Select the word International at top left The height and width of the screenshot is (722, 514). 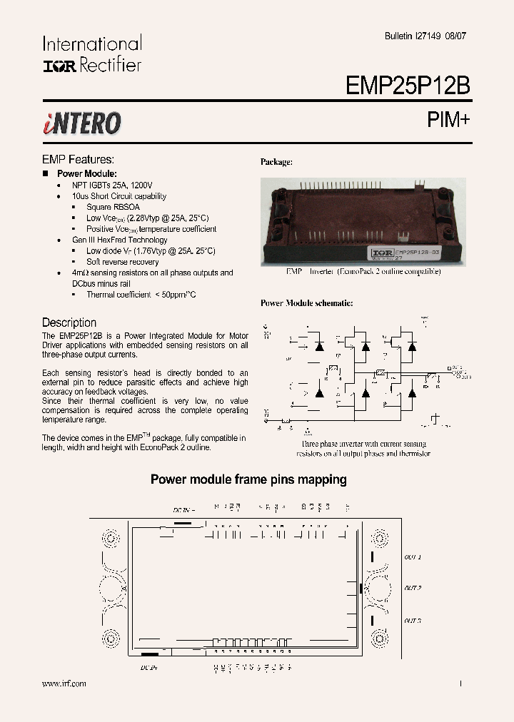(x=92, y=44)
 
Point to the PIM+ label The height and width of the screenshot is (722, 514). (x=449, y=120)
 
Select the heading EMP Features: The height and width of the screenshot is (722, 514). (x=78, y=160)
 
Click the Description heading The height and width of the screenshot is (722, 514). (x=69, y=322)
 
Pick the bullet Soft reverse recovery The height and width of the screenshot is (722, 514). (x=123, y=262)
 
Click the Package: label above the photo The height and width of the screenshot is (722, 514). (x=276, y=162)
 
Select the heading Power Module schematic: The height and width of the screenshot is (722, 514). (x=306, y=303)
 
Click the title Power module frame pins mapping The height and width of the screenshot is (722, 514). (x=248, y=479)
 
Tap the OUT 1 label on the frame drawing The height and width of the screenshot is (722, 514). (x=413, y=556)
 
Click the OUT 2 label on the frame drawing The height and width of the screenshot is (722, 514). (x=413, y=588)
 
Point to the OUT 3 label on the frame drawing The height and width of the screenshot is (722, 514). (x=413, y=621)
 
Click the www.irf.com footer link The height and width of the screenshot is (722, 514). (x=64, y=683)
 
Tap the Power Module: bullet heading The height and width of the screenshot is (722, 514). (x=87, y=174)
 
